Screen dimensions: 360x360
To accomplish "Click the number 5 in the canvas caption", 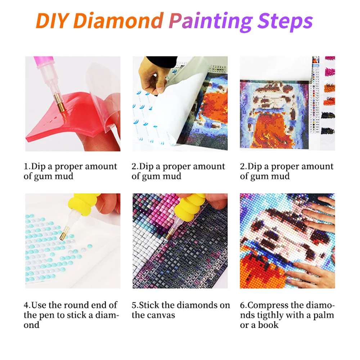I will click(x=134, y=305).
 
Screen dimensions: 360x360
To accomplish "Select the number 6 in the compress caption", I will click(x=242, y=305).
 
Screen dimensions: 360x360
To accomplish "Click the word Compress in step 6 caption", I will click(x=270, y=305).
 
